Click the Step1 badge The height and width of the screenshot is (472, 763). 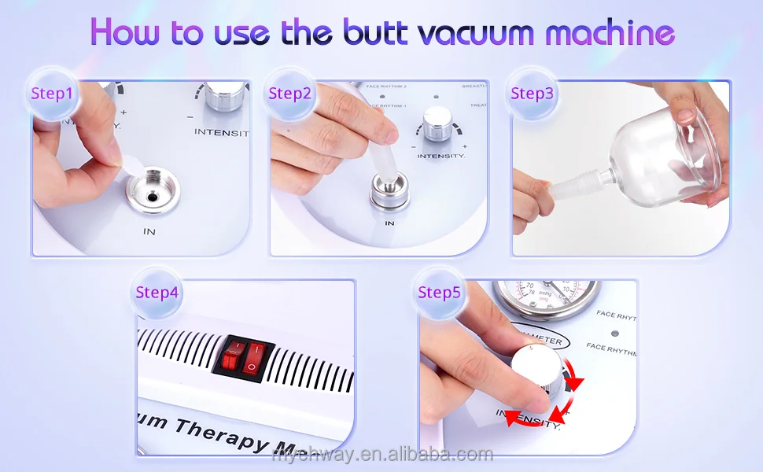pyautogui.click(x=52, y=94)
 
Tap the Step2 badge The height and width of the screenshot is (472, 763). pyautogui.click(x=289, y=94)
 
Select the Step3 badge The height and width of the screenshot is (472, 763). pyautogui.click(x=532, y=94)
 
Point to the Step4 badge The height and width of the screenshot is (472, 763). pyautogui.click(x=157, y=293)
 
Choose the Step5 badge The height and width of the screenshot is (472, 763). pyautogui.click(x=439, y=293)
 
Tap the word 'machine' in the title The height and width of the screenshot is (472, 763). pyautogui.click(x=610, y=33)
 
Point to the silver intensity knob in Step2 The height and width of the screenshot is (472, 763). pyautogui.click(x=437, y=122)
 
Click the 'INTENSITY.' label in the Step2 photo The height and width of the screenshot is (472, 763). pyautogui.click(x=441, y=157)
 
